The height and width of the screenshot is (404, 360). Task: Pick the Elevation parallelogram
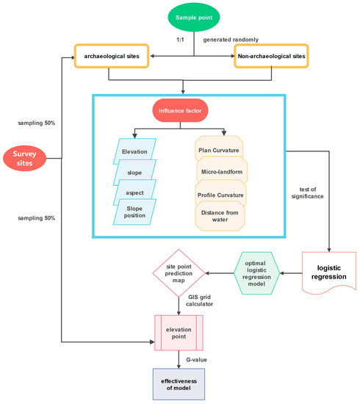click(x=134, y=152)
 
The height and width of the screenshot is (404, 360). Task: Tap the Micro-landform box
click(x=220, y=171)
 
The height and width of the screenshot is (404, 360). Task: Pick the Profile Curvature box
click(x=220, y=195)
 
